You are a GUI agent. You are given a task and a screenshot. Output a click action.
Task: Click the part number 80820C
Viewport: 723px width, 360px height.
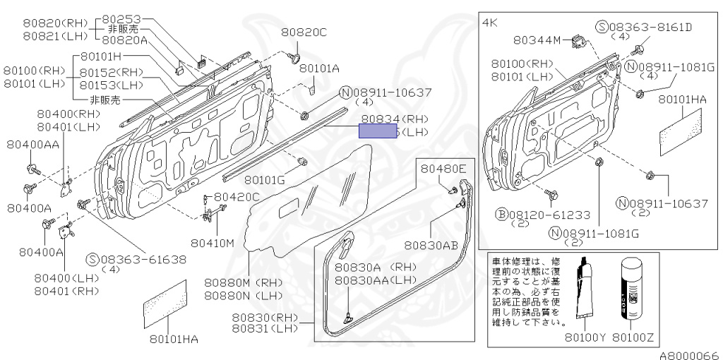coord(304,32)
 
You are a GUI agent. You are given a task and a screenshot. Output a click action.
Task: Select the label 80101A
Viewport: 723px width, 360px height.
coord(319,68)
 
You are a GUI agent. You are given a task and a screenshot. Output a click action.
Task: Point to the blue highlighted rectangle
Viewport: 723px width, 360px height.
coord(378,131)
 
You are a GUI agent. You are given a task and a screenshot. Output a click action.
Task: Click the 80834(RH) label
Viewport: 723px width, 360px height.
coord(395,120)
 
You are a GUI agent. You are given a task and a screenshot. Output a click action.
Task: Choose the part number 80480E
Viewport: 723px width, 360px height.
coord(444,169)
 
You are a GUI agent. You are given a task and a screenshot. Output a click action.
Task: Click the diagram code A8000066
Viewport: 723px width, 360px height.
coord(689,354)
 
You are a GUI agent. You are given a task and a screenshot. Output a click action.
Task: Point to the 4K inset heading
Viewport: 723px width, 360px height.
coord(489,23)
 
